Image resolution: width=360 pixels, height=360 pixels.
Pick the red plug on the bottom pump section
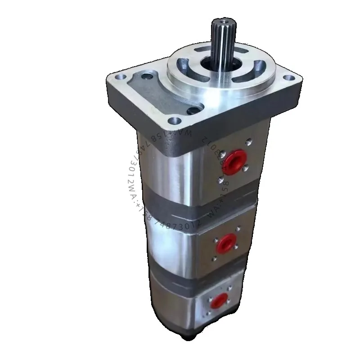pyautogui.click(x=220, y=301)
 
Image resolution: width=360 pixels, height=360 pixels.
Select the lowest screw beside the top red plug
pyautogui.click(x=220, y=180)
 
